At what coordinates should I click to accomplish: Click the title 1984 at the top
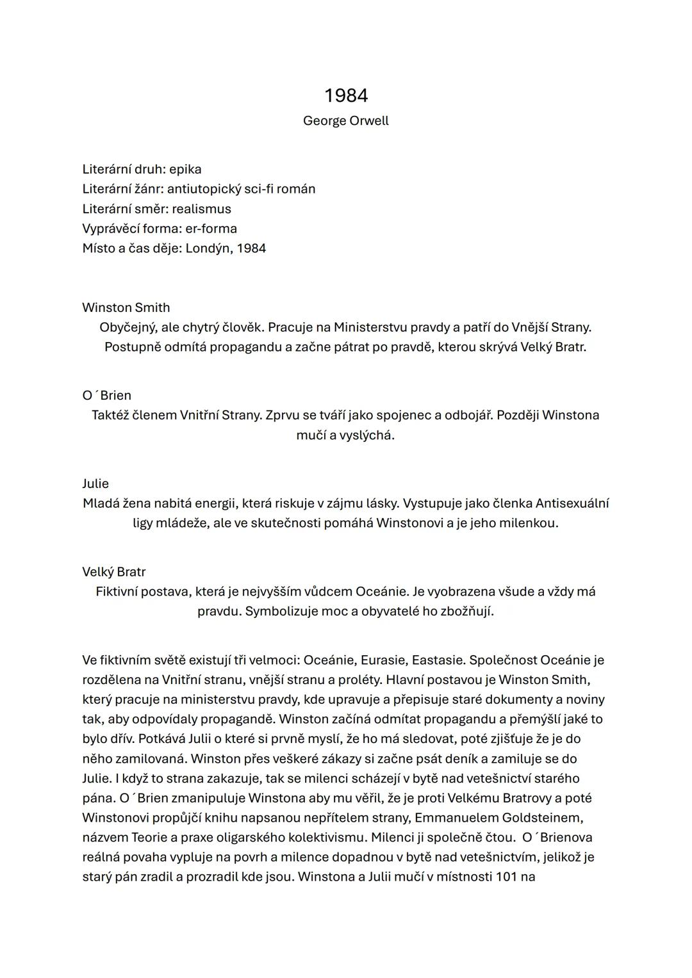[346, 95]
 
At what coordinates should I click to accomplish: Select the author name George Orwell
[346, 121]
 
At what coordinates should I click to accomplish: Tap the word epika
[185, 170]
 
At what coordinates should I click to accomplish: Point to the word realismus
[201, 209]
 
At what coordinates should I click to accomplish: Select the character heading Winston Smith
[126, 307]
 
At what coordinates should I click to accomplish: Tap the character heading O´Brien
[106, 396]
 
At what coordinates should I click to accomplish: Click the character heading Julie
[95, 484]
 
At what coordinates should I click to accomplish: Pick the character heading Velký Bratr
[114, 572]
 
